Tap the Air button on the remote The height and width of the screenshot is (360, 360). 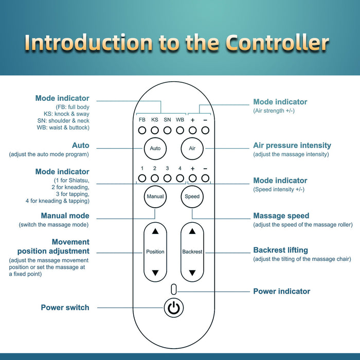click(x=192, y=148)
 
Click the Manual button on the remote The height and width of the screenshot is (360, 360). click(x=155, y=196)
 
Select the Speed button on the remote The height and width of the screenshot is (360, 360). click(x=192, y=196)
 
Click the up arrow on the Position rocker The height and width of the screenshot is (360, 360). click(x=155, y=231)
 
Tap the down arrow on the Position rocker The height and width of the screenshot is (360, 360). click(x=155, y=273)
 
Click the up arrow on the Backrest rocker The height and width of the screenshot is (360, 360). click(x=192, y=231)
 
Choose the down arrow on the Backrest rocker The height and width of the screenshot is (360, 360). click(x=192, y=273)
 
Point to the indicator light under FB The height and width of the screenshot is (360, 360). click(x=142, y=131)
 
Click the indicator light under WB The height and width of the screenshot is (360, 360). click(x=180, y=131)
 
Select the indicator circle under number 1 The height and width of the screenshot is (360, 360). click(x=142, y=178)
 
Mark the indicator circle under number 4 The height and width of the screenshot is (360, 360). click(x=180, y=178)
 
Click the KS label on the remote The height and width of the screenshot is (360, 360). click(x=155, y=120)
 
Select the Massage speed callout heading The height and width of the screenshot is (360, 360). click(x=281, y=215)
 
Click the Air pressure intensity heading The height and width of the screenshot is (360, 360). click(x=292, y=145)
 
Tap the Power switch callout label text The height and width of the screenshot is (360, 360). click(x=65, y=308)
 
